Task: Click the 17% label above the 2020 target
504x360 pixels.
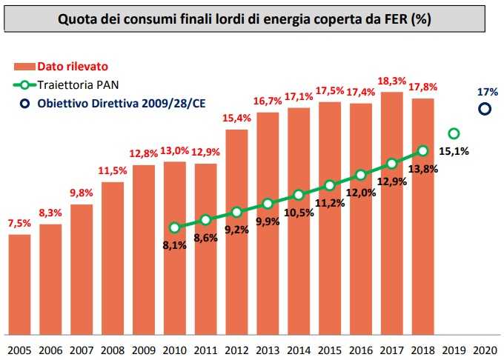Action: pos(487,92)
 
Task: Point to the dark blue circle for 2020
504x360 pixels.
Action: pos(485,109)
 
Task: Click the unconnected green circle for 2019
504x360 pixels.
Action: pos(454,133)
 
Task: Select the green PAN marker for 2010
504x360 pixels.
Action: pos(174,227)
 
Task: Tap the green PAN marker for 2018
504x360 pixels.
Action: pos(422,150)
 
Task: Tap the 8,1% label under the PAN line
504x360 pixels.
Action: pos(174,246)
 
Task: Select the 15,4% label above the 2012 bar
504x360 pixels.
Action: pos(236,118)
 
